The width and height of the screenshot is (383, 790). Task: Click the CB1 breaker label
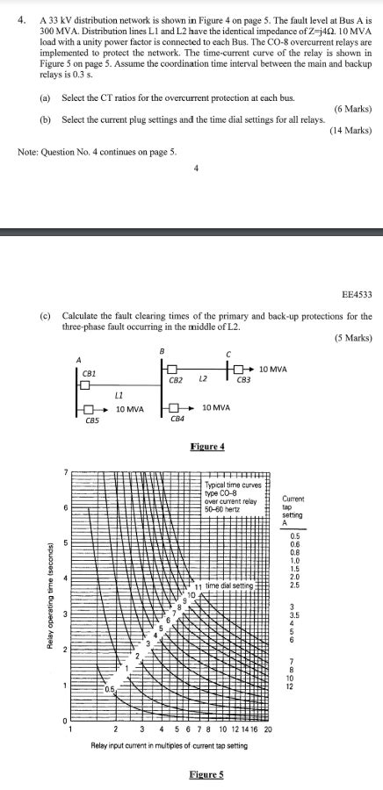click(x=88, y=373)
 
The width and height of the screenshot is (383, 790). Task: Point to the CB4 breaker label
click(x=177, y=421)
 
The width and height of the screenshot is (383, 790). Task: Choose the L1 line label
click(x=118, y=396)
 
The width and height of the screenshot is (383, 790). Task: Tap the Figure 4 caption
click(x=207, y=447)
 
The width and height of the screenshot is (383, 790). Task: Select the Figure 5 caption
click(x=207, y=773)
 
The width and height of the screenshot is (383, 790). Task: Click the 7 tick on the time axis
click(x=64, y=473)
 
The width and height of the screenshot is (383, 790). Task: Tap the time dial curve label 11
click(x=199, y=585)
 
